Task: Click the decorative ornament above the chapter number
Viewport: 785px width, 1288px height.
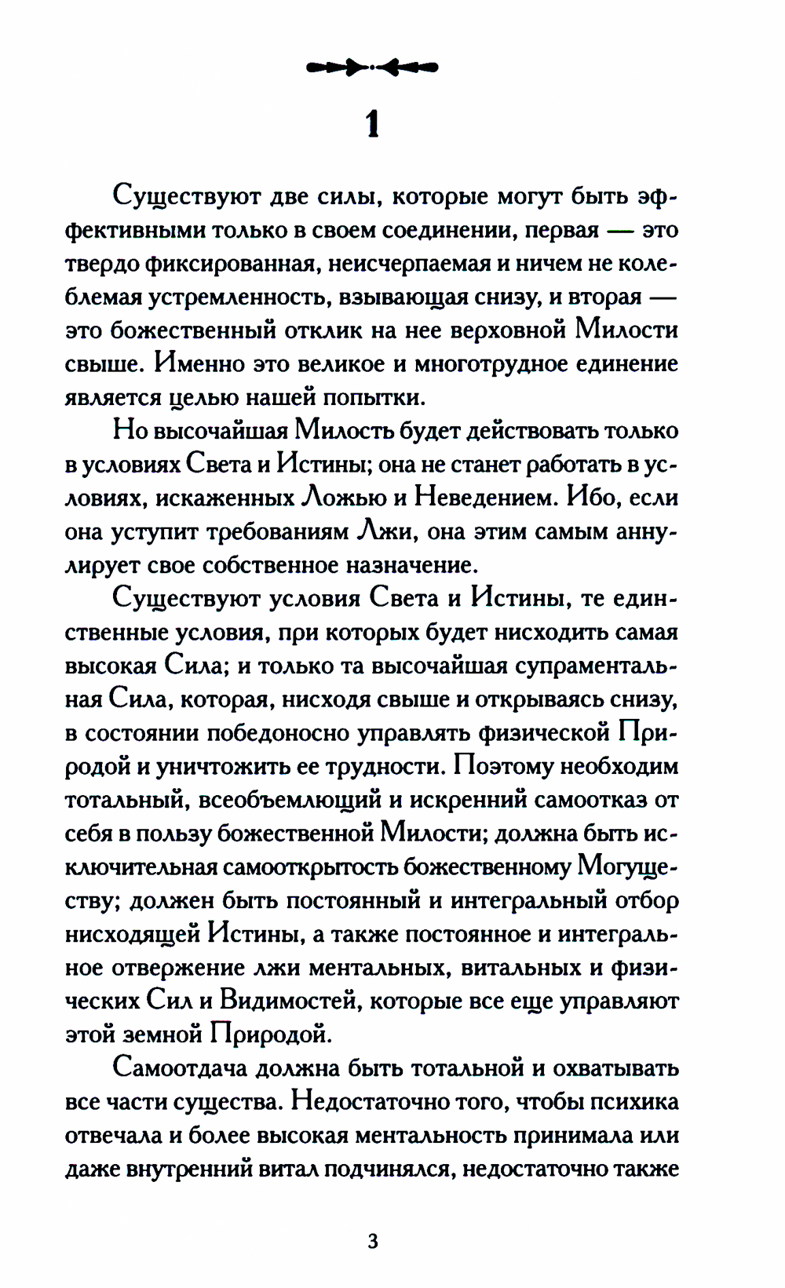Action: tap(372, 68)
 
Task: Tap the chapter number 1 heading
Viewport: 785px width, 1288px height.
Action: tap(372, 124)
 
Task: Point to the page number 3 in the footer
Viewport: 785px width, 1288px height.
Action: tap(372, 1241)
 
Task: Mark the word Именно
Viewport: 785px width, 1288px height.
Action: tap(198, 364)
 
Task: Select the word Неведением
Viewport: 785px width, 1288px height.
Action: tap(482, 498)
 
